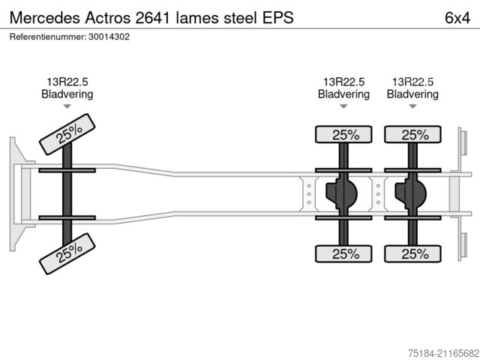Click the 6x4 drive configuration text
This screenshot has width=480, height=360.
tap(457, 16)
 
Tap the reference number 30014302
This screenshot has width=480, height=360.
tap(103, 36)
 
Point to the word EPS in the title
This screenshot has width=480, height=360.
tap(277, 16)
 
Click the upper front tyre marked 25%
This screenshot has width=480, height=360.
tap(67, 134)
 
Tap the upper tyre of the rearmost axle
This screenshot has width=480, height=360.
tap(412, 135)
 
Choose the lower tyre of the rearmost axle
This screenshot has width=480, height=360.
tap(412, 254)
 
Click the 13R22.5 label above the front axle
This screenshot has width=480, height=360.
tap(67, 82)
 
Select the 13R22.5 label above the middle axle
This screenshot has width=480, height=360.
tap(343, 82)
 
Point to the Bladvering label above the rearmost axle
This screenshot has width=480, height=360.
tap(412, 94)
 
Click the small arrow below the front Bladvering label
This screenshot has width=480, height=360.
tap(67, 107)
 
